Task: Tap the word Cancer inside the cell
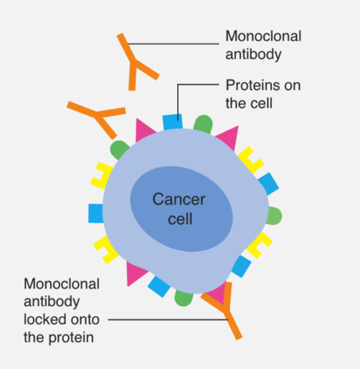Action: click(x=179, y=199)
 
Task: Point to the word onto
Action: click(x=85, y=320)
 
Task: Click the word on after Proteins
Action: click(x=292, y=86)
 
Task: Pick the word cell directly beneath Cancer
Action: click(x=180, y=219)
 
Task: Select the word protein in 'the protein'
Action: click(x=71, y=337)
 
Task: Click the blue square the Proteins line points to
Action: click(x=173, y=122)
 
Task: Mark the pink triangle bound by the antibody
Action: click(x=218, y=293)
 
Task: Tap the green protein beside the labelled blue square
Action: click(x=203, y=124)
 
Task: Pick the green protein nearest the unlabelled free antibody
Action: click(x=119, y=149)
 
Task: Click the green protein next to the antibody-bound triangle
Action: click(x=184, y=298)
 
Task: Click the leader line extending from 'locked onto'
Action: click(x=168, y=320)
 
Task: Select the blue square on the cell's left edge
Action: click(x=96, y=213)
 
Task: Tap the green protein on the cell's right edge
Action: click(x=274, y=216)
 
